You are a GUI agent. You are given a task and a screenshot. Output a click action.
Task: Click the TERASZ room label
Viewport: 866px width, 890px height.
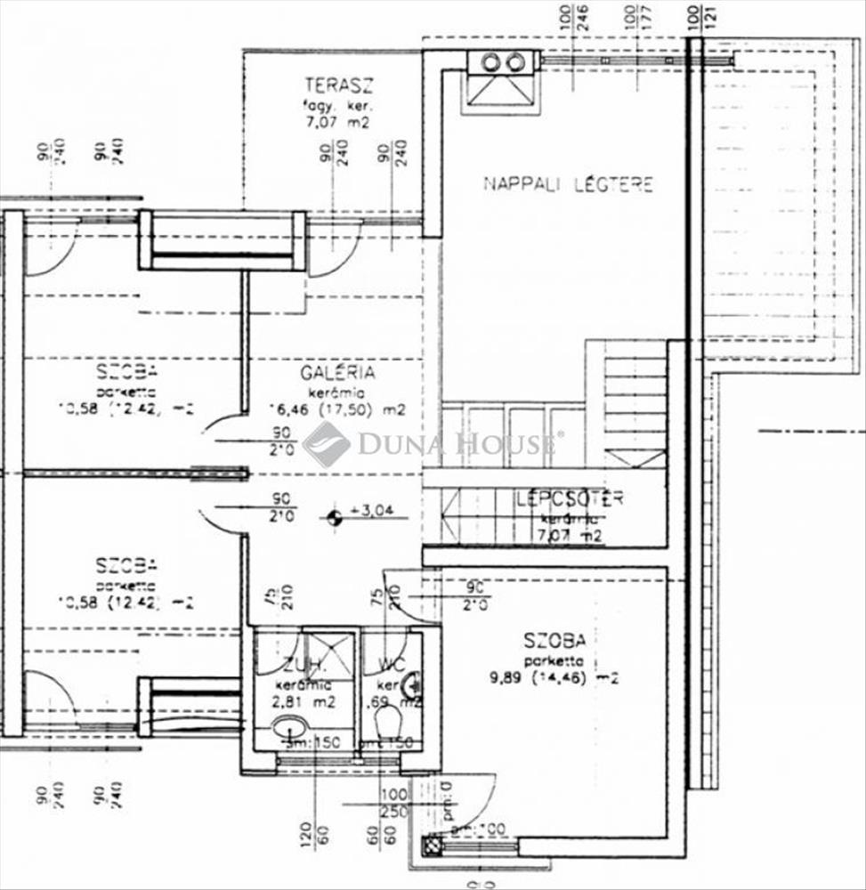coord(337,86)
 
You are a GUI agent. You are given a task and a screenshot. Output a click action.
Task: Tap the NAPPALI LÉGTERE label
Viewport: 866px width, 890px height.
coord(568,185)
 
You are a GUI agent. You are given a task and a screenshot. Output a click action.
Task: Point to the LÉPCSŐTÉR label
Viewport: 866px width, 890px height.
coord(570,498)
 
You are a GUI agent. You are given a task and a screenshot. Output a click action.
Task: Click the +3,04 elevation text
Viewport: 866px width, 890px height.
coord(378,511)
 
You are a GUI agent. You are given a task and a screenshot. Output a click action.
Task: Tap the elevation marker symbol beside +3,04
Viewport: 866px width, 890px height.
coord(334,514)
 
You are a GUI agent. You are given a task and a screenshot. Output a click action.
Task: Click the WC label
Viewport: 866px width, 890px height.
coord(392,665)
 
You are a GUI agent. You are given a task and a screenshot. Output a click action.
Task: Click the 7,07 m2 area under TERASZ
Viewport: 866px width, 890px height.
coord(338,123)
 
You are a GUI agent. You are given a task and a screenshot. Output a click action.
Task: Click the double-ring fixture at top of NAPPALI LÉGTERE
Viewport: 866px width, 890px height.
coord(502,61)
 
